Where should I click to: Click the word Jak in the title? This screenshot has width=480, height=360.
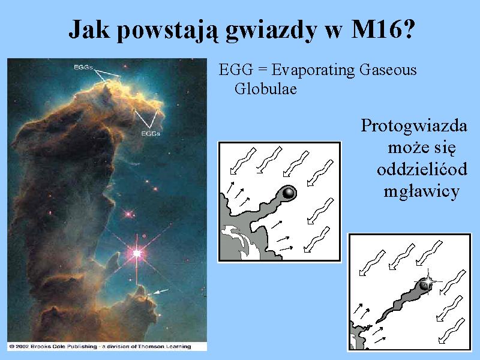[x=89, y=29]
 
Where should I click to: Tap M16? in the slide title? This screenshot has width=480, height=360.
[x=383, y=29]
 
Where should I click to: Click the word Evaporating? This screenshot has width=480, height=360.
[x=313, y=71]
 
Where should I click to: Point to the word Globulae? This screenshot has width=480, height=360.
[x=266, y=89]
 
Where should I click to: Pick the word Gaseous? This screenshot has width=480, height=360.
[x=388, y=70]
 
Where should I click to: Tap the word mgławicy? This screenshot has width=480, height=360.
[x=422, y=192]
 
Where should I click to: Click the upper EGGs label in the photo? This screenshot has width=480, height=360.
[x=83, y=67]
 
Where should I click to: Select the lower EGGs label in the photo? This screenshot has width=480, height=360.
[x=151, y=134]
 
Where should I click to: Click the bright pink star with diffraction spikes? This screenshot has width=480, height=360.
[x=137, y=253]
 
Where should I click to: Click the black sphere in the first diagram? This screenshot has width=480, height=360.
[x=289, y=193]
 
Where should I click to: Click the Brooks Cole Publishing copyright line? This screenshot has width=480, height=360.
[x=100, y=346]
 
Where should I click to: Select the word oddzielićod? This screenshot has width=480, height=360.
[x=422, y=170]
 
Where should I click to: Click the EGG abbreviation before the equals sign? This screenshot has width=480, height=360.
[x=236, y=70]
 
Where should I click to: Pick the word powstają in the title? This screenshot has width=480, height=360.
[x=168, y=31]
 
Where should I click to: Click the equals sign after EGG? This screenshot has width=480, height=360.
[x=262, y=70]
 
